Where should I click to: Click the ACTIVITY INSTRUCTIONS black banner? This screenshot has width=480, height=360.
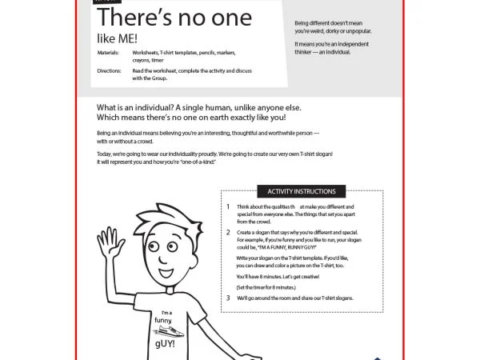click(302, 191)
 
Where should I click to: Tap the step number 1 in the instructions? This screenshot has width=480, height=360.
click(228, 206)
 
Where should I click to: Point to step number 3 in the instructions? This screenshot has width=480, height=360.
click(228, 298)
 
